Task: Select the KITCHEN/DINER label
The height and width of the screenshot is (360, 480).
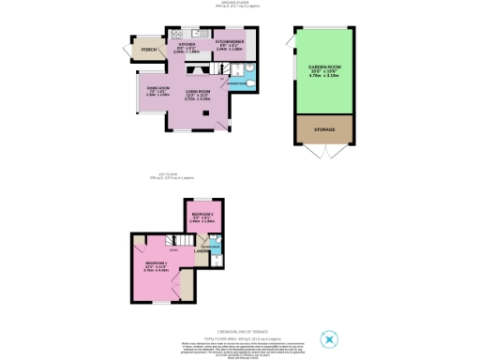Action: tap(229, 42)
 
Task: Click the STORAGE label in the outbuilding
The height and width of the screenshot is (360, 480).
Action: tap(323, 127)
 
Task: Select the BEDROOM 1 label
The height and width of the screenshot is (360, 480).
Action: tap(156, 262)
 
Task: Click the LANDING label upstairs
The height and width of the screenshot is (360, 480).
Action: tap(202, 250)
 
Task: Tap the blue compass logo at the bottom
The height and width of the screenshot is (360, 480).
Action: tap(328, 338)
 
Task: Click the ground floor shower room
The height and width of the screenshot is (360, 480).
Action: tap(242, 81)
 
